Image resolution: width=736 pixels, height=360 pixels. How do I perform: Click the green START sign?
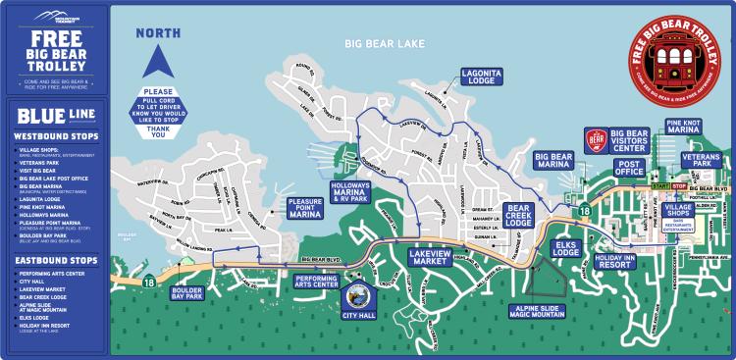[659, 185]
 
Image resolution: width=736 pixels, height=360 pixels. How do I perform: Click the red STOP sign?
[680, 185]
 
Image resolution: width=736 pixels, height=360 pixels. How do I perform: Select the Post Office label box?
[629, 169]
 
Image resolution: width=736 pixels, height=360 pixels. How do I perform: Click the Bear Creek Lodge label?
[518, 215]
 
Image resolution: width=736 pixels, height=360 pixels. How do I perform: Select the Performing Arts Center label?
[317, 284]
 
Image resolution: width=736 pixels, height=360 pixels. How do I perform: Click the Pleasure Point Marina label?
[305, 207]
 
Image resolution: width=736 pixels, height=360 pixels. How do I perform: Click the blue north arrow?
[157, 61]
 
